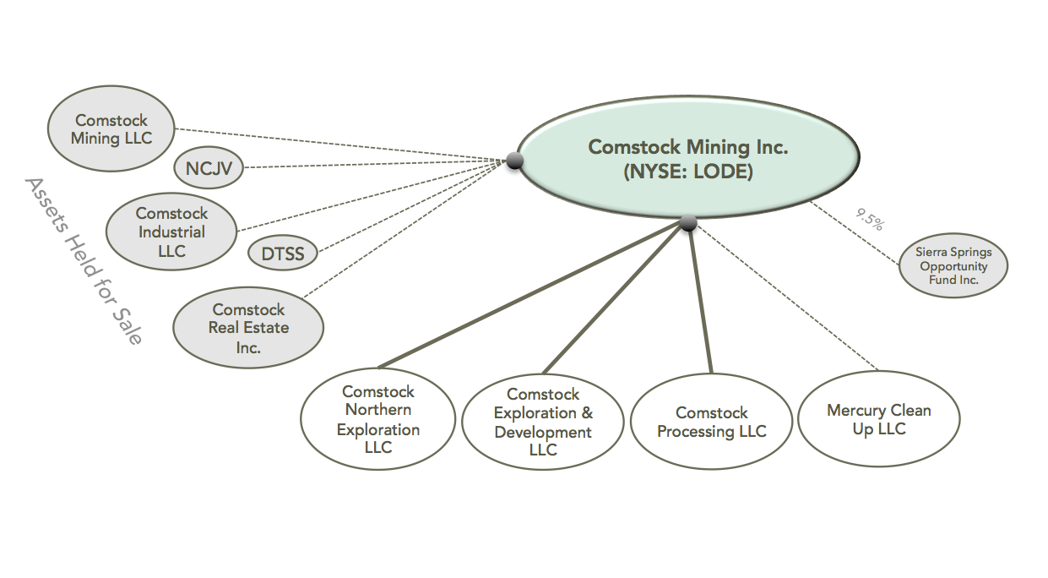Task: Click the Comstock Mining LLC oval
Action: pyautogui.click(x=111, y=129)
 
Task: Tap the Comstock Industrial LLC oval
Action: pyautogui.click(x=171, y=232)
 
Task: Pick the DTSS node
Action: pyautogui.click(x=283, y=254)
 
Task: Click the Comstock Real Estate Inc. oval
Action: pyautogui.click(x=248, y=328)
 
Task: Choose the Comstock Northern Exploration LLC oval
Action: pyautogui.click(x=377, y=420)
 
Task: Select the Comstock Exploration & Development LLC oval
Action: pyautogui.click(x=543, y=422)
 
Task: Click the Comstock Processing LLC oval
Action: pyautogui.click(x=711, y=422)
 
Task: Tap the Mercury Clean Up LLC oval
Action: pyautogui.click(x=878, y=420)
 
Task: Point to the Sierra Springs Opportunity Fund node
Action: pyautogui.click(x=953, y=266)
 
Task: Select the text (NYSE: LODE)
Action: pyautogui.click(x=687, y=172)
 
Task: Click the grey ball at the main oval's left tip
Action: pyautogui.click(x=513, y=161)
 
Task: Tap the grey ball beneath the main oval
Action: pyautogui.click(x=688, y=223)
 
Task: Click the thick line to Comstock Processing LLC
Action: pyautogui.click(x=701, y=300)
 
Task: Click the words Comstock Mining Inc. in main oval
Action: pyautogui.click(x=687, y=147)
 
